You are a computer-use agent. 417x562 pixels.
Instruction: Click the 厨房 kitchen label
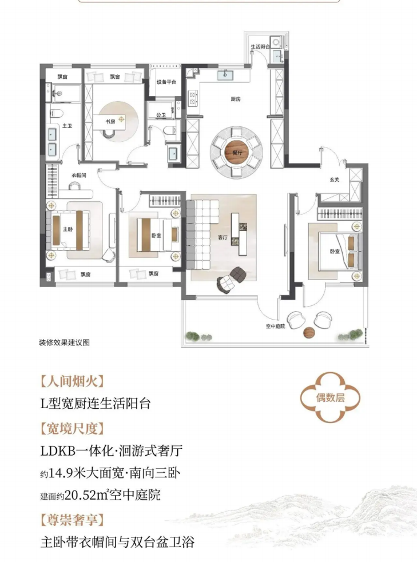click(236, 99)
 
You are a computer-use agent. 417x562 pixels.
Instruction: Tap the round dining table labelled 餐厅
click(236, 153)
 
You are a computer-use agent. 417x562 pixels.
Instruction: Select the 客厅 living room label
click(223, 237)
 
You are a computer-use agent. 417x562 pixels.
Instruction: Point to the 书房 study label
click(110, 122)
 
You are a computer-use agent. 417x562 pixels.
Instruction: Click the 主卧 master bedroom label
click(67, 229)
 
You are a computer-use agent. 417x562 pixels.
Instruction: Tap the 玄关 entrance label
click(334, 180)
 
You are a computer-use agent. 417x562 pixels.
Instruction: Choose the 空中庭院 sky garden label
click(275, 326)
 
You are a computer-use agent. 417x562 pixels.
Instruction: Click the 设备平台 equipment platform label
click(166, 82)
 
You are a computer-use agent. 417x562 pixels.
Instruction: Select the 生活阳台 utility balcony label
click(260, 46)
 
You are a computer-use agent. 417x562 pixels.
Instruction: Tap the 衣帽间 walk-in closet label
click(79, 176)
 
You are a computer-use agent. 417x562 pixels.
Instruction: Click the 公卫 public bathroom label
click(161, 115)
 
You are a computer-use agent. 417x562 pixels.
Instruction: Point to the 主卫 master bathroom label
click(67, 126)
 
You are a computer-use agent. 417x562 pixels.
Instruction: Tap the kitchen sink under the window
click(225, 75)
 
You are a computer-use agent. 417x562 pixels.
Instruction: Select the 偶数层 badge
click(330, 397)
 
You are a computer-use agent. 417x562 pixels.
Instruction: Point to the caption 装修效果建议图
click(64, 342)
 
